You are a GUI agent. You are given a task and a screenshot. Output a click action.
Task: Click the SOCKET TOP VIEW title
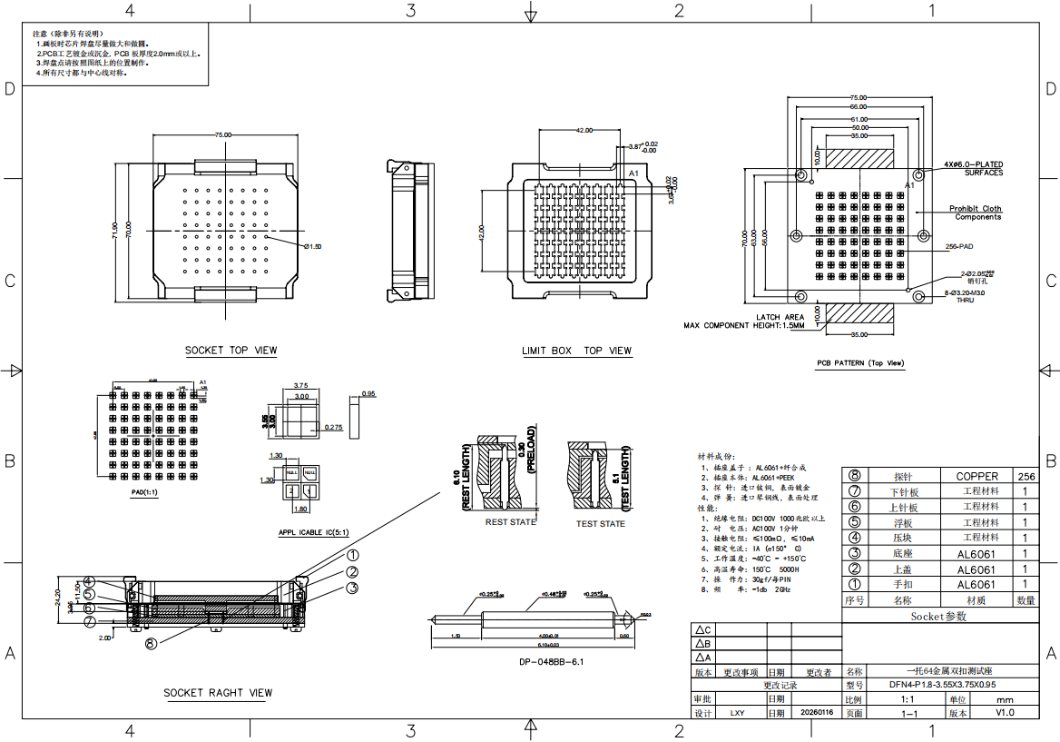(231, 351)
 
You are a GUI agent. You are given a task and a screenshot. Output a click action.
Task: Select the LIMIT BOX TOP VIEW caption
(576, 351)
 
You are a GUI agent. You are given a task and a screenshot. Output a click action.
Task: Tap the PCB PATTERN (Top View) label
(860, 363)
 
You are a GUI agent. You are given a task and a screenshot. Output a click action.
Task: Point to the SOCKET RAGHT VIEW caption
(218, 693)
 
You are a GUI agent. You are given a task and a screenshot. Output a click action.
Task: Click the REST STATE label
(511, 522)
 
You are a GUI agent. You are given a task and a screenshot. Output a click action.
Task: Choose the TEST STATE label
(601, 523)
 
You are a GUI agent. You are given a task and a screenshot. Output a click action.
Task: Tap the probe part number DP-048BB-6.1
(551, 662)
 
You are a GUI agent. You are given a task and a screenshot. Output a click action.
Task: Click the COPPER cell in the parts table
(977, 476)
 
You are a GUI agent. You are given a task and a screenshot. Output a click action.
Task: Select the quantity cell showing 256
(1026, 476)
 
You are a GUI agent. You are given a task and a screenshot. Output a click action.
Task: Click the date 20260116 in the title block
(817, 713)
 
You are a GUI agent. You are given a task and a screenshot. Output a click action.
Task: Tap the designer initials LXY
(738, 713)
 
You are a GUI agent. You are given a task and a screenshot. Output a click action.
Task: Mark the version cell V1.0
(1005, 713)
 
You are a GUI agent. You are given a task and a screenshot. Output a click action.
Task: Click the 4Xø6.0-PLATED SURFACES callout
(973, 168)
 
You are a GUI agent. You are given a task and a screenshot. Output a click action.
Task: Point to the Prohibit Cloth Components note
(976, 213)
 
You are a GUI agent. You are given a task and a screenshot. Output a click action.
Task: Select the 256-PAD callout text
(959, 246)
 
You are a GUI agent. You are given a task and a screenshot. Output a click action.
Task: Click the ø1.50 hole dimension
(313, 246)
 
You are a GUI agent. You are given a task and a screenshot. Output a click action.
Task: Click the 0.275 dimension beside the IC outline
(334, 427)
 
